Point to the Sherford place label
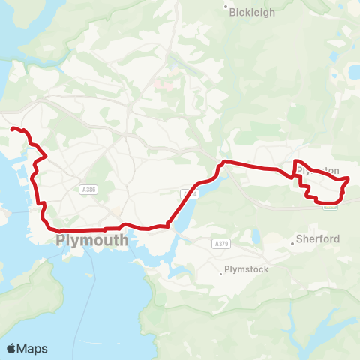(318, 239)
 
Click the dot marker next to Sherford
(292, 244)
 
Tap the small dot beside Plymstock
(220, 273)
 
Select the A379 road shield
(220, 244)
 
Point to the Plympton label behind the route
(319, 171)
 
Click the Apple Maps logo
(27, 348)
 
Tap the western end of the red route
(11, 129)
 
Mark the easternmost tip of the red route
(349, 178)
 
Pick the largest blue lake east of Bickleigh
(353, 72)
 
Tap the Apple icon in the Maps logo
(11, 348)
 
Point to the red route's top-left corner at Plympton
(295, 162)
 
